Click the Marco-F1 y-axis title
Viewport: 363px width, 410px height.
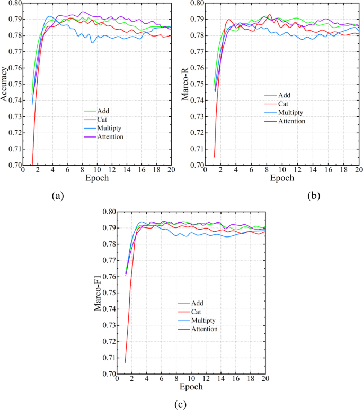98,293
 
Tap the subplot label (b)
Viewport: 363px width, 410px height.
314,196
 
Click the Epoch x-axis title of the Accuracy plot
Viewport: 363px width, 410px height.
97,178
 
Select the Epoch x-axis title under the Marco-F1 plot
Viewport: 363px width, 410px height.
190,387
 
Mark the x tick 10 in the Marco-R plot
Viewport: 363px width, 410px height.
282,170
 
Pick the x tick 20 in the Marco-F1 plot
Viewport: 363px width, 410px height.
265,379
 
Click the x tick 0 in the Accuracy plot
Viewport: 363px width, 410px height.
23,170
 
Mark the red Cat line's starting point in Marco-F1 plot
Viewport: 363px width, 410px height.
125,362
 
